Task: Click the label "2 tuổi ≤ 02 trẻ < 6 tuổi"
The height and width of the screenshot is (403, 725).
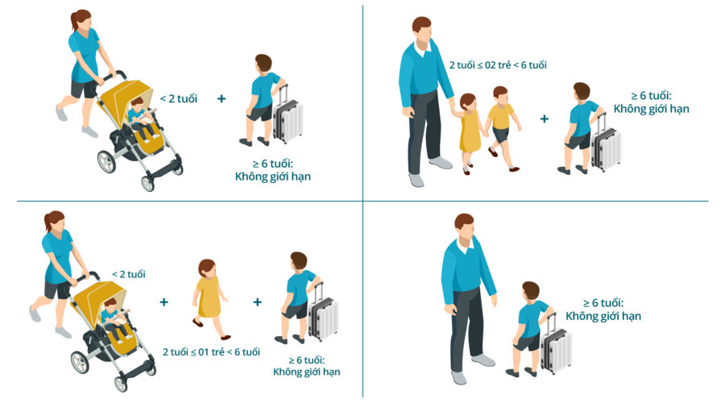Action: coord(498,65)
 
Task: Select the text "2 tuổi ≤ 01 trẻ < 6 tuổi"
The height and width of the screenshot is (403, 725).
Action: coord(211,352)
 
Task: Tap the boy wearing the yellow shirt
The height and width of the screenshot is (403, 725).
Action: coord(503,127)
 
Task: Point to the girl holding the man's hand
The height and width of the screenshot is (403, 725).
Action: coord(468,133)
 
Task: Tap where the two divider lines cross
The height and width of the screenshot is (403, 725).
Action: coord(363,201)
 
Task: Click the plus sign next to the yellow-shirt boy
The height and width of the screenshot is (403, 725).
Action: coord(545,119)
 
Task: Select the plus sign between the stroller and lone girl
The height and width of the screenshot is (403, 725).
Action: coord(164,302)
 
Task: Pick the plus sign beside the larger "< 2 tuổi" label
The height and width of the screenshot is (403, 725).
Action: coord(222,98)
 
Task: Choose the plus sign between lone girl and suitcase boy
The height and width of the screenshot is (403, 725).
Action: coord(258,302)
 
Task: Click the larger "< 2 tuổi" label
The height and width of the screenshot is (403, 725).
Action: coord(179,98)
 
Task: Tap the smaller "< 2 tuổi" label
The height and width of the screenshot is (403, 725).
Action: coord(129,274)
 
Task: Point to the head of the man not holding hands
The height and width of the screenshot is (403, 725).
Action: coord(465,227)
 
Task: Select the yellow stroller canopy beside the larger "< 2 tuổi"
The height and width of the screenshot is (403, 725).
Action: coord(126,101)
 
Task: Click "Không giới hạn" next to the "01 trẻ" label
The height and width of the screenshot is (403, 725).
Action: coord(307,372)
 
